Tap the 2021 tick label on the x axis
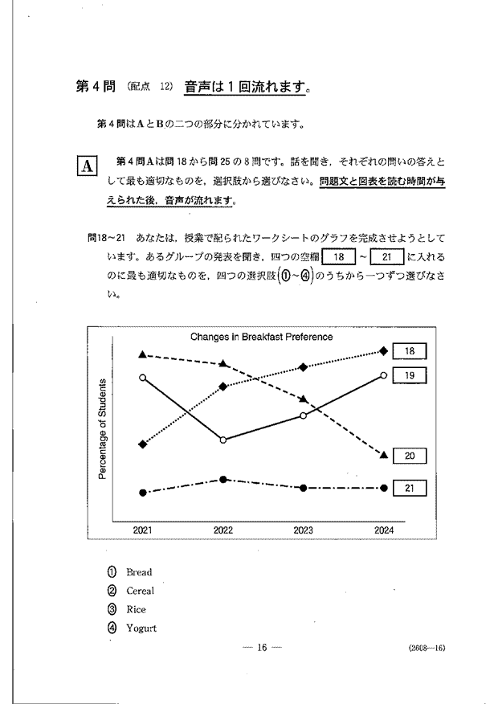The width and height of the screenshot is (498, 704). click(x=143, y=530)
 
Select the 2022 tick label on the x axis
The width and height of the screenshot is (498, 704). click(x=223, y=530)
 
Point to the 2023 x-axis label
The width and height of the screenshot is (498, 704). click(x=304, y=530)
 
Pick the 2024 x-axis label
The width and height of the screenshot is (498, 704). click(x=384, y=530)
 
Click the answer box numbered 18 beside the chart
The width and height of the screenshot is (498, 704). click(x=410, y=351)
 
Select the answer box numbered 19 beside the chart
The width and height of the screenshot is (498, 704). click(x=410, y=375)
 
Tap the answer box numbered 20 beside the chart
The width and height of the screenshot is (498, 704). click(x=410, y=456)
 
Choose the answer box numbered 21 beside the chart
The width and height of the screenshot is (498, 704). click(x=410, y=488)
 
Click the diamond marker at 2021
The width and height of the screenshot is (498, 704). click(x=143, y=444)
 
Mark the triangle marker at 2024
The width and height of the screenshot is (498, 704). click(x=384, y=456)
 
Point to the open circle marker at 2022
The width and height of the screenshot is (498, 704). click(x=223, y=440)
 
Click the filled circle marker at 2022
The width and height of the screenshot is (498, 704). click(x=223, y=480)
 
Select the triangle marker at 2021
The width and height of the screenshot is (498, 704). click(x=143, y=354)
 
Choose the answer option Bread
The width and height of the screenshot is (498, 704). click(x=138, y=572)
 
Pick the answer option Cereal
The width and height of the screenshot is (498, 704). click(x=140, y=591)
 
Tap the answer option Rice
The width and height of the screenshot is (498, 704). click(x=136, y=609)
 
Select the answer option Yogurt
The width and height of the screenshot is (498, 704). click(x=141, y=628)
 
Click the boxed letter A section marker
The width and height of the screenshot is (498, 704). click(x=86, y=166)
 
